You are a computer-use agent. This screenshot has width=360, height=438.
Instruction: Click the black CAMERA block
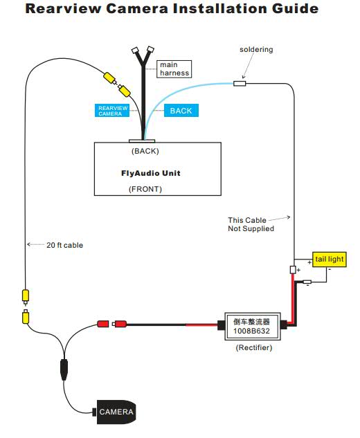[116, 412]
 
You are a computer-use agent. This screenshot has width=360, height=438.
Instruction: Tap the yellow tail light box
[330, 259]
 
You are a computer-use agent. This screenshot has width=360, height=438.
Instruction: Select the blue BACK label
[181, 110]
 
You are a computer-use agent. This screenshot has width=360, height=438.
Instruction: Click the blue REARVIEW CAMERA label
[112, 110]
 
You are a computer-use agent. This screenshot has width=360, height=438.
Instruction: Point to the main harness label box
[174, 69]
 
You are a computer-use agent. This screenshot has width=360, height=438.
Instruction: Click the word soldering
[256, 49]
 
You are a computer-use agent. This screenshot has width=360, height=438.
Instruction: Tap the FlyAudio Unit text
[151, 173]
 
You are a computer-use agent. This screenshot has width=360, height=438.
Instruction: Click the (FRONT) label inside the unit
[145, 189]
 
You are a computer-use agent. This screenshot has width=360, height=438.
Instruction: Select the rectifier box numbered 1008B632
[253, 327]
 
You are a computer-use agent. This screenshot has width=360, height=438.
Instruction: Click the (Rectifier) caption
[254, 347]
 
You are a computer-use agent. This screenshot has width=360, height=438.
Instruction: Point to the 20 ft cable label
[65, 245]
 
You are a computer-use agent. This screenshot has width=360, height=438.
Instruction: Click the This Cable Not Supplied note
[251, 224]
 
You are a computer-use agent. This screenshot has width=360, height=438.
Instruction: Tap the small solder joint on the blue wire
[240, 83]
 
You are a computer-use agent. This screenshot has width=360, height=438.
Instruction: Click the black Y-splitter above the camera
[64, 369]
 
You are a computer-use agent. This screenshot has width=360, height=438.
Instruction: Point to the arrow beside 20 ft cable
[35, 244]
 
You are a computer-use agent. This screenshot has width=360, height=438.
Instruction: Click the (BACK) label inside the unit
[145, 151]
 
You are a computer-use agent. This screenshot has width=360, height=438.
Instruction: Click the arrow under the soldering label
[249, 65]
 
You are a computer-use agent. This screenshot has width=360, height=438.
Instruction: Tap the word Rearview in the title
[63, 8]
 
